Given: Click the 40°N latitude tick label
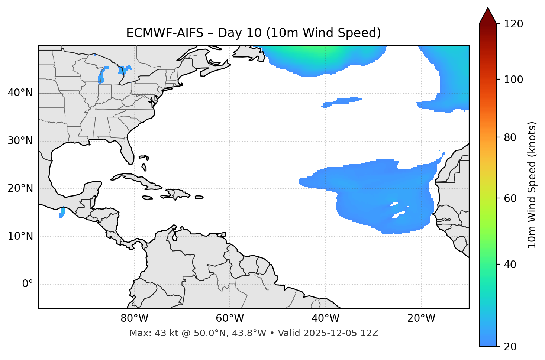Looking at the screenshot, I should (20, 93).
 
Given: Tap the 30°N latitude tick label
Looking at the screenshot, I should (20, 141).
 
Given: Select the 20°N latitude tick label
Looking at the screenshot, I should (20, 188).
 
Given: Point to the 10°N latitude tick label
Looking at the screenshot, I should (20, 236).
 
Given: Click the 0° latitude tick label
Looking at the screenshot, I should (28, 284).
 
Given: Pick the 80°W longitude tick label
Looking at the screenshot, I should (134, 318).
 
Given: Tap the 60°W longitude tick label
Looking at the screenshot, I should (230, 318).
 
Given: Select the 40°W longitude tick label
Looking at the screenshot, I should (325, 318).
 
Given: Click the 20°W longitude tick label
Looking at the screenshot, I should (421, 318).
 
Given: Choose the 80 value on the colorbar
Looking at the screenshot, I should (511, 137).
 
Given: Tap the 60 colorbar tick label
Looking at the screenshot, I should (511, 198).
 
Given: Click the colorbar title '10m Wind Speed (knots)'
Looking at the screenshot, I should (532, 185).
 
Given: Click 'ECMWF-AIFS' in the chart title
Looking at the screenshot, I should (165, 33).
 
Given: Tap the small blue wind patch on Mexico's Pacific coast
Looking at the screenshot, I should (62, 213).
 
